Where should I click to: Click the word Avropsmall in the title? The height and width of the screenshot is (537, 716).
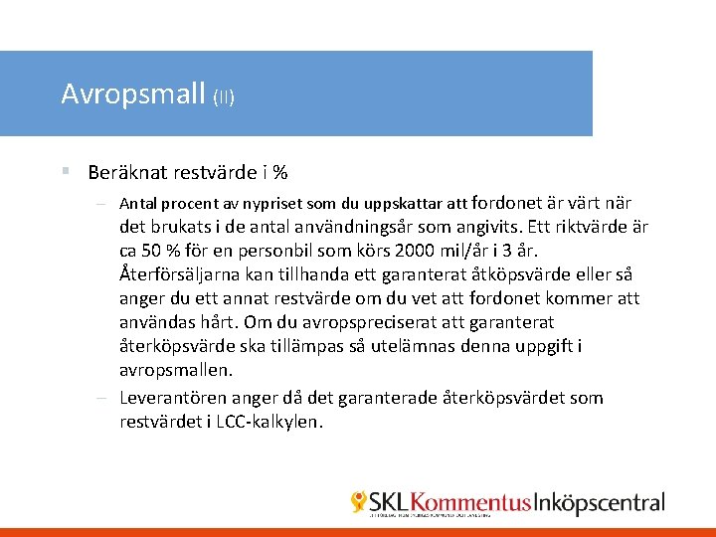[x=132, y=93]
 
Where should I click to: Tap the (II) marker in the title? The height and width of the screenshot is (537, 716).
[x=223, y=97]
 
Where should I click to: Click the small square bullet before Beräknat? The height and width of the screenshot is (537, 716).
[x=65, y=171]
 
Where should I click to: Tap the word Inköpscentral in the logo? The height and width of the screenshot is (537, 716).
[x=599, y=502]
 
